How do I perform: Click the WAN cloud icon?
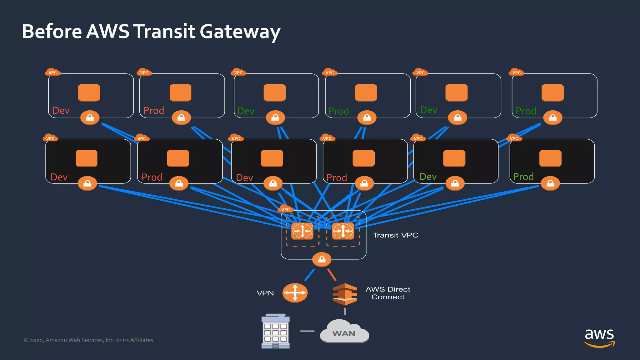tap(344, 332)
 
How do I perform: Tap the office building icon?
tap(275, 331)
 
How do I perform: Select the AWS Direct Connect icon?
tap(345, 294)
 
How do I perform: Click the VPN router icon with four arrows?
tap(295, 293)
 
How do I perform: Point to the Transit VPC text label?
tap(395, 235)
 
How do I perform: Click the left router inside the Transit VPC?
tap(302, 231)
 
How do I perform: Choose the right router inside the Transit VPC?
tap(343, 231)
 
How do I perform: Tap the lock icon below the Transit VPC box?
tap(322, 259)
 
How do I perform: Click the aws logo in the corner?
tap(599, 337)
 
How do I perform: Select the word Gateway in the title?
tap(240, 32)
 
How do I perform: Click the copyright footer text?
tap(89, 340)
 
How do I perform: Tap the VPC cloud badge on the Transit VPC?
tap(285, 209)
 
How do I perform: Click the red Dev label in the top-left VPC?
tap(61, 111)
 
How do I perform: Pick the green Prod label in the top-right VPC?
tap(526, 111)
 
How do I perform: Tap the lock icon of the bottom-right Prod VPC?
tap(550, 183)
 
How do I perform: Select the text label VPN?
tap(265, 293)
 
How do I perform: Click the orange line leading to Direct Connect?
tap(332, 275)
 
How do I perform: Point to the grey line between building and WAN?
tap(307, 331)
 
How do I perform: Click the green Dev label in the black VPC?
tap(428, 177)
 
